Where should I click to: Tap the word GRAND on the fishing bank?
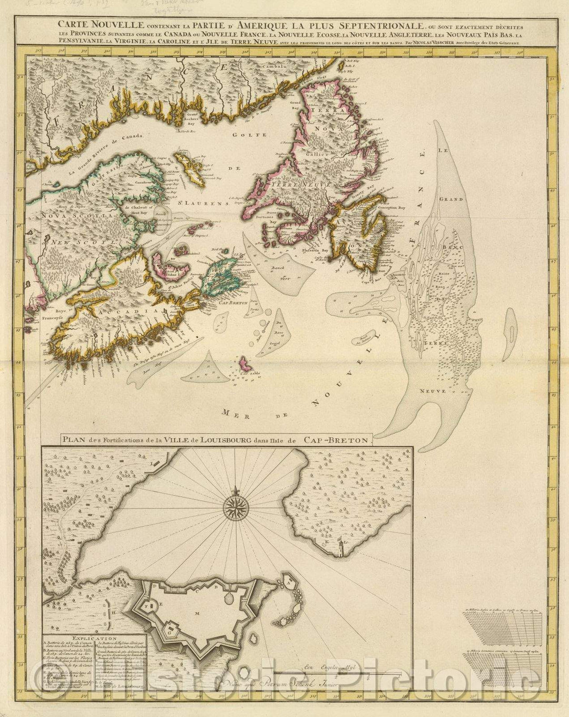pyautogui.click(x=453, y=199)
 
